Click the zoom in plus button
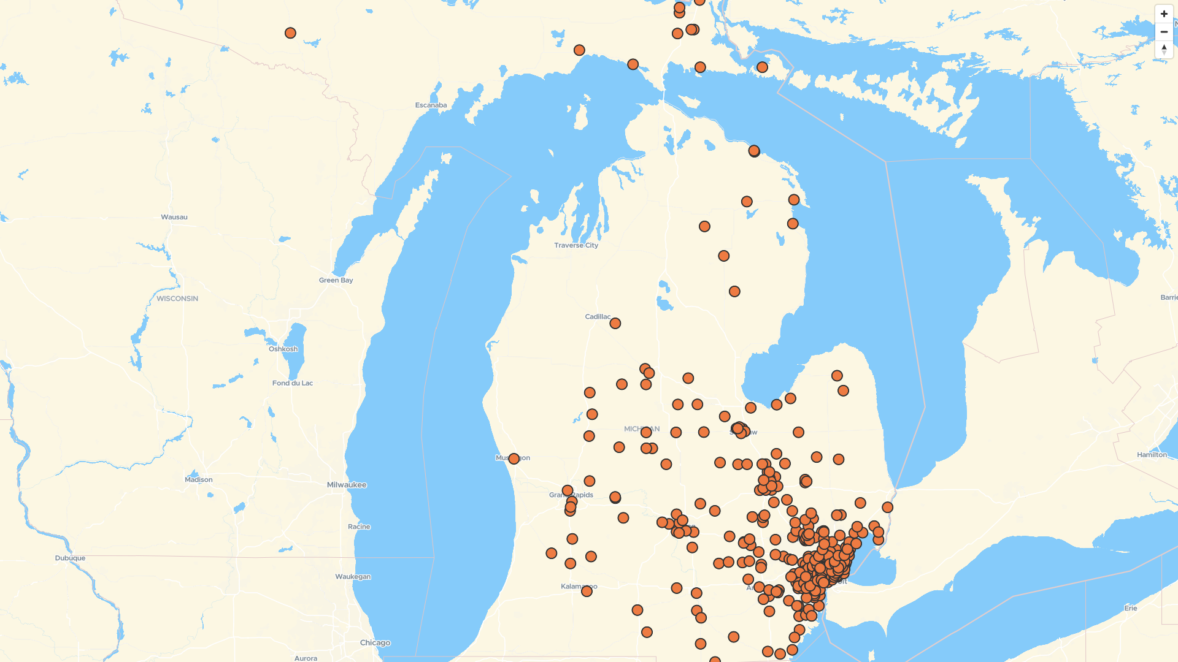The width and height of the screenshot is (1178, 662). [1164, 14]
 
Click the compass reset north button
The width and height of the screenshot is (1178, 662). [1164, 49]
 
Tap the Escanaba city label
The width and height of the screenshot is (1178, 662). [431, 105]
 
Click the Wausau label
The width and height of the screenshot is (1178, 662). [174, 217]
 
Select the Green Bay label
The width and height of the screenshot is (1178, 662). [336, 280]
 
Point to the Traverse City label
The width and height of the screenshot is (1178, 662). [576, 245]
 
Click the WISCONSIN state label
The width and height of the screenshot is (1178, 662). [177, 299]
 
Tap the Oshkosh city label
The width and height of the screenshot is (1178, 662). [283, 349]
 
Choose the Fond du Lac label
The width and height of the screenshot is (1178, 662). [292, 383]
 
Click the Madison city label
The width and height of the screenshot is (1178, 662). [199, 480]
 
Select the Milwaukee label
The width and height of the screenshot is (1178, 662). [347, 485]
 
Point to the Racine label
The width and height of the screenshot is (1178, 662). [359, 527]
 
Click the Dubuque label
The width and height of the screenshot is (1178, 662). [70, 558]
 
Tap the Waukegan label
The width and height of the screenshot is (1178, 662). [353, 577]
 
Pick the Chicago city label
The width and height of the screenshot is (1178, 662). [375, 643]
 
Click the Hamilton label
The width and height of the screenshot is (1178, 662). [1152, 455]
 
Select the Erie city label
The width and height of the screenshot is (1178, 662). [1130, 608]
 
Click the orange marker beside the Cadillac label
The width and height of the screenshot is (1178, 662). [615, 323]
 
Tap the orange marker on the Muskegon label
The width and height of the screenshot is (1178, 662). [514, 458]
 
